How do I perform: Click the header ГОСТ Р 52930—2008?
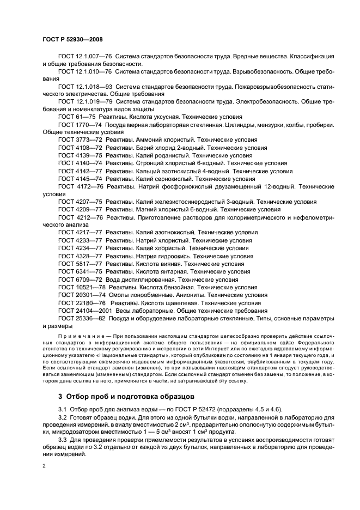72,40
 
